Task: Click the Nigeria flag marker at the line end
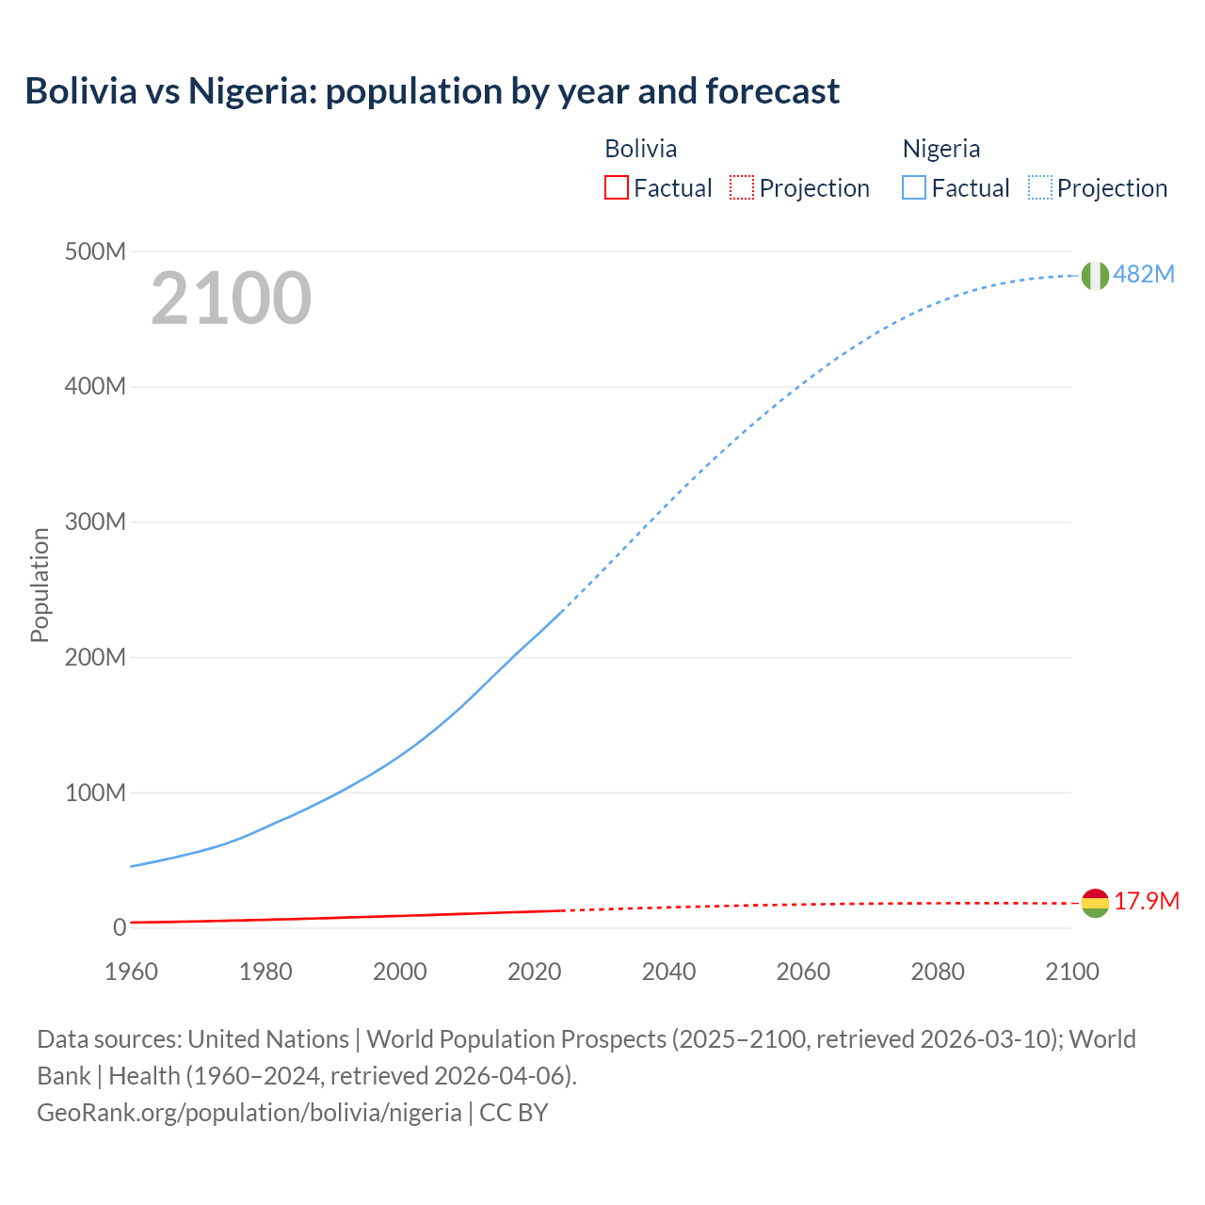click(x=1095, y=275)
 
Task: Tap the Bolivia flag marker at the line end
click(x=1095, y=903)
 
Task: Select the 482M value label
click(x=1144, y=274)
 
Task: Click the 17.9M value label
click(x=1147, y=901)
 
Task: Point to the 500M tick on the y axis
click(x=95, y=251)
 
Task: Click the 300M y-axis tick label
click(x=95, y=522)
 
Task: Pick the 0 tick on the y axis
click(x=120, y=927)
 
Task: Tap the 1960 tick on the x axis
click(x=131, y=972)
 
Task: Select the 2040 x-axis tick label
click(x=668, y=972)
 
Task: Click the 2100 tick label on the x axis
click(x=1071, y=972)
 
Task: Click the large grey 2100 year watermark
click(x=231, y=298)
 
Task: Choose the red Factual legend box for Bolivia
click(x=616, y=187)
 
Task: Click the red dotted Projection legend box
click(x=742, y=187)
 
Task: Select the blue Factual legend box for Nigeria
click(x=914, y=187)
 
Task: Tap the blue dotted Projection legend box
click(x=1040, y=187)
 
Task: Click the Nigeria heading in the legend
click(x=940, y=149)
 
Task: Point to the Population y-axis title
click(x=40, y=585)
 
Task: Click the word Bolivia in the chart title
click(x=81, y=91)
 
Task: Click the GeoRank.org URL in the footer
click(x=249, y=1112)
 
